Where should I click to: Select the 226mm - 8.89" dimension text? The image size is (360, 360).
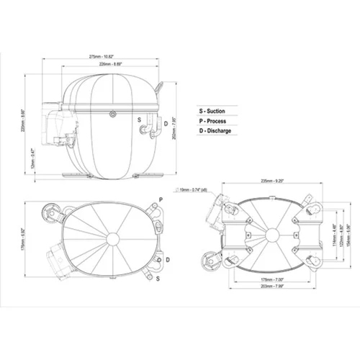coord(114,65)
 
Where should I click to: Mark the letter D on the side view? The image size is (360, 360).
coord(166,125)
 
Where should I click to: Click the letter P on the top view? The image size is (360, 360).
coord(160,198)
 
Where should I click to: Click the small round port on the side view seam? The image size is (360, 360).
coord(113,114)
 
